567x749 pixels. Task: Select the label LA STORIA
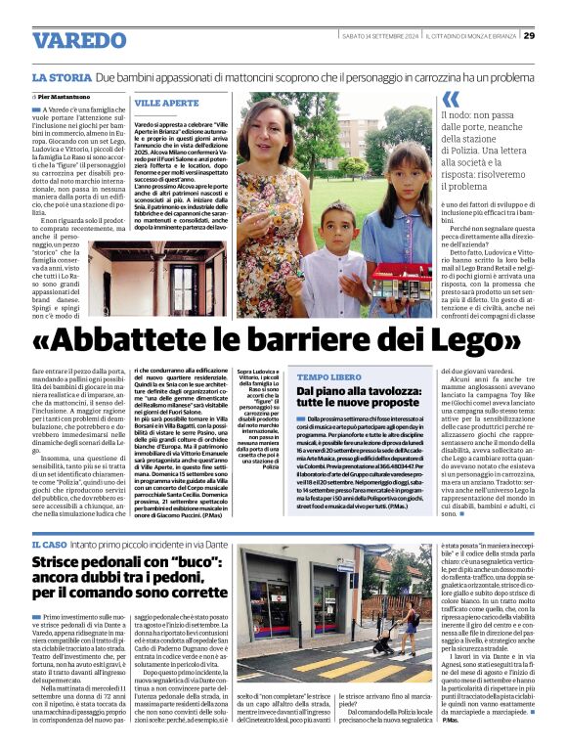tap(63, 76)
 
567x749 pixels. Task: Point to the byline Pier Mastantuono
tap(67, 98)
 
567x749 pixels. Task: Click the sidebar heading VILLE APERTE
tap(166, 103)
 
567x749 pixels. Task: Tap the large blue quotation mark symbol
tap(450, 100)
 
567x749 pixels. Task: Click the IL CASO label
tap(49, 543)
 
